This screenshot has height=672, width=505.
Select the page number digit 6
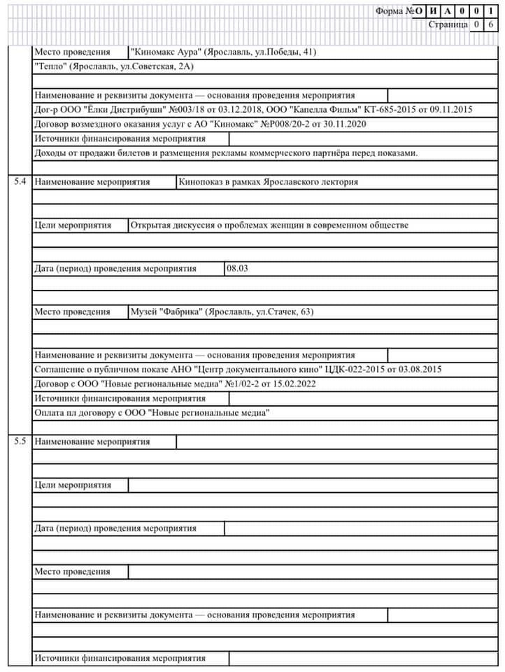pyautogui.click(x=491, y=24)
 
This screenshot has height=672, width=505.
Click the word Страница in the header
pyautogui.click(x=448, y=24)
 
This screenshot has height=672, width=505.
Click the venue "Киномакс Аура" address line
pyautogui.click(x=223, y=52)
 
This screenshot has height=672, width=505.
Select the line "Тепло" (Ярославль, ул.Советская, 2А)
pyautogui.click(x=113, y=66)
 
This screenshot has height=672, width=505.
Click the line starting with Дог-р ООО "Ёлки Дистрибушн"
pyautogui.click(x=253, y=110)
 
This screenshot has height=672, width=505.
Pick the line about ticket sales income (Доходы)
pyautogui.click(x=225, y=153)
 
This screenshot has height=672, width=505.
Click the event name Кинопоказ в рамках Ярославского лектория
pyautogui.click(x=269, y=182)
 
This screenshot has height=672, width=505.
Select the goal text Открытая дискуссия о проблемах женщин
pyautogui.click(x=269, y=225)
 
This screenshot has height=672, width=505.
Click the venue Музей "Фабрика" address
pyautogui.click(x=222, y=312)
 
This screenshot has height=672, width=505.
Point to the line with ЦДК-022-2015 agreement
pyautogui.click(x=237, y=370)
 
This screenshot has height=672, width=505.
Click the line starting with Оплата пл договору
pyautogui.click(x=152, y=413)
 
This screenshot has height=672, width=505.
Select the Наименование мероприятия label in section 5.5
pyautogui.click(x=92, y=442)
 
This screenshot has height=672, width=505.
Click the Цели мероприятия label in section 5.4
pyautogui.click(x=73, y=225)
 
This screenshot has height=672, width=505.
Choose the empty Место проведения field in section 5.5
pyautogui.click(x=311, y=572)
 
